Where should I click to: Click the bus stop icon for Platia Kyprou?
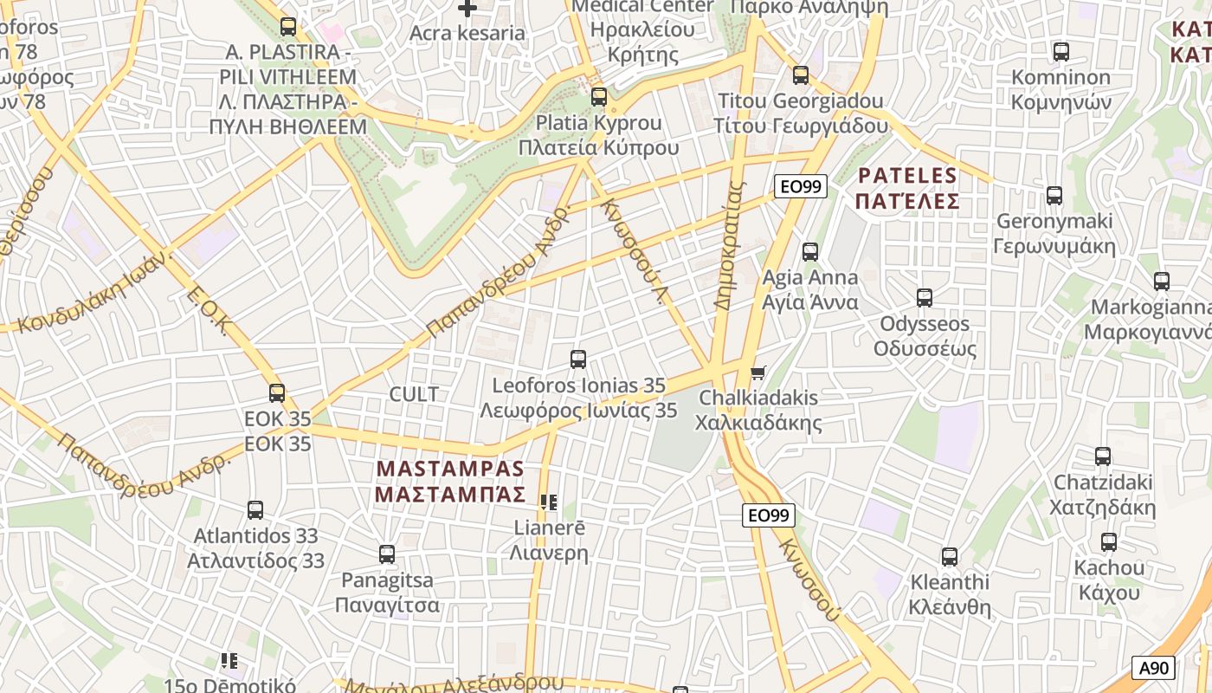(x=598, y=97)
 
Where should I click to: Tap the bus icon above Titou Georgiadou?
(x=801, y=75)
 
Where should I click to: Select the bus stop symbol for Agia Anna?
(x=809, y=252)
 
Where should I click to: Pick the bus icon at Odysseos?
(x=925, y=298)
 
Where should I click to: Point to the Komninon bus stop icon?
(x=1060, y=52)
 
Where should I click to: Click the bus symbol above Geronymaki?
(x=1054, y=196)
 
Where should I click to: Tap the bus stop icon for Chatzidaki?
(x=1102, y=457)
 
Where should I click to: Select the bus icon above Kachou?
(x=1108, y=543)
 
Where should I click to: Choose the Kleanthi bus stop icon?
(x=950, y=557)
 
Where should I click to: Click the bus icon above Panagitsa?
(x=387, y=554)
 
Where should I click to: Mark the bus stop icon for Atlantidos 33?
(x=255, y=510)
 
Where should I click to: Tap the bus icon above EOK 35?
(x=277, y=393)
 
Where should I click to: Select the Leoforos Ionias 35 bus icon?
(x=578, y=359)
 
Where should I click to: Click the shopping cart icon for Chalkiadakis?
(x=758, y=372)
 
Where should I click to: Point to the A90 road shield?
(x=1153, y=668)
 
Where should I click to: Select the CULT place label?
(x=414, y=394)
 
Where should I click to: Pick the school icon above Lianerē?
(x=548, y=502)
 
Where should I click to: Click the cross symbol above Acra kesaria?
(x=467, y=9)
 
